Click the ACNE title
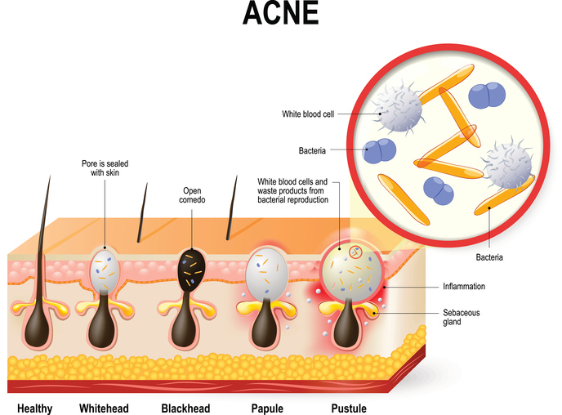click(x=280, y=16)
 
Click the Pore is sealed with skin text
click(x=105, y=167)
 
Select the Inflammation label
click(x=465, y=286)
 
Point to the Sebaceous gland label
click(x=463, y=317)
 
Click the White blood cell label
click(x=306, y=114)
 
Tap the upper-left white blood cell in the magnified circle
click(x=397, y=111)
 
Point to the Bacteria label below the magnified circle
click(x=490, y=258)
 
